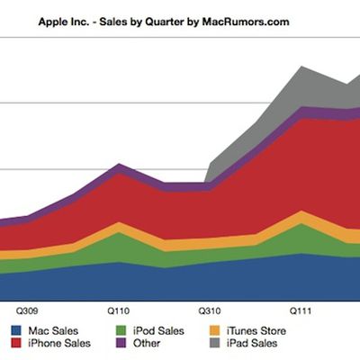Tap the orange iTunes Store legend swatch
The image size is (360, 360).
tap(213, 330)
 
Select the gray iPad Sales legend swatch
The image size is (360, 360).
tap(213, 343)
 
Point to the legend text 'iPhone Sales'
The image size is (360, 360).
tap(56, 343)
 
